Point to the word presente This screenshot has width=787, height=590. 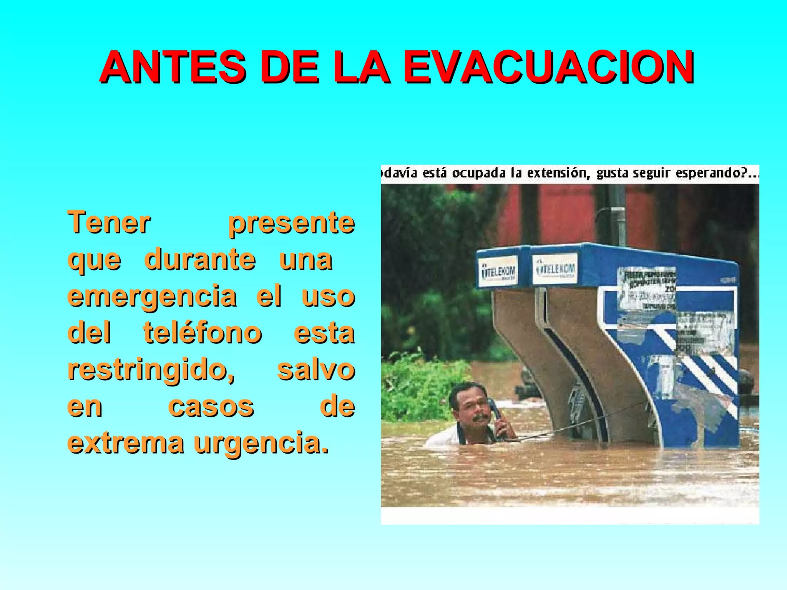click(291, 223)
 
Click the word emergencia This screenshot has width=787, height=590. click(152, 297)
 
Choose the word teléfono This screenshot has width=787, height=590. click(203, 333)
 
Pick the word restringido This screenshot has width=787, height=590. click(151, 370)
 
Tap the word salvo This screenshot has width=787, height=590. click(316, 370)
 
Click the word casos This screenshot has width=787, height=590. click(211, 406)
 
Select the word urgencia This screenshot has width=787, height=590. click(261, 443)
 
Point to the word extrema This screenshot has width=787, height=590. click(126, 442)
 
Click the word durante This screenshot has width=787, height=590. click(200, 259)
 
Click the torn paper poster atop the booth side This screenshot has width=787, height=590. click(648, 288)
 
